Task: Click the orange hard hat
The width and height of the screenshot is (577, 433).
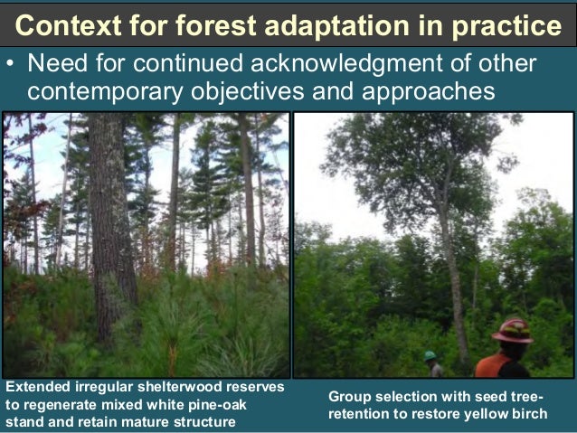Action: click(x=512, y=330)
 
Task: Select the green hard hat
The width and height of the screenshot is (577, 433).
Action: click(x=430, y=356)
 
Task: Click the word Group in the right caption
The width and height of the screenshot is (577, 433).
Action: click(x=349, y=397)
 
